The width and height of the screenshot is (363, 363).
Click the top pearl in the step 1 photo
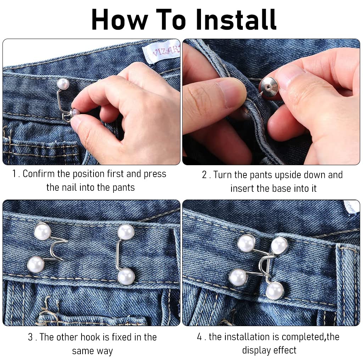point(63,84)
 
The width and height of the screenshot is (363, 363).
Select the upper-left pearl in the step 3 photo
point(43,231)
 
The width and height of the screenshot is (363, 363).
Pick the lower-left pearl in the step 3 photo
point(36,264)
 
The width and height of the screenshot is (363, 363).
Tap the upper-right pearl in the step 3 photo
point(126,232)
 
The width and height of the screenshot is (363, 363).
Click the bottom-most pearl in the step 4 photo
point(275,291)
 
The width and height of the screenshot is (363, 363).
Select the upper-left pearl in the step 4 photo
point(247,243)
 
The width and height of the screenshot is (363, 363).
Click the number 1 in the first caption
point(14,174)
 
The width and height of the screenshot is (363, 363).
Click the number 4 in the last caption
point(199,337)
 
